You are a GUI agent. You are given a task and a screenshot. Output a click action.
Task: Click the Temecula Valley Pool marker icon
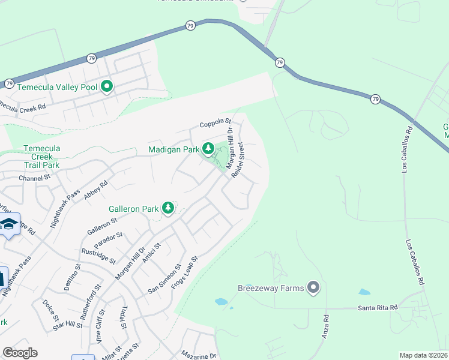click(x=107, y=87)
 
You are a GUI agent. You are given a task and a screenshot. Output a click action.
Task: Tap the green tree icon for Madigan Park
click(x=208, y=148)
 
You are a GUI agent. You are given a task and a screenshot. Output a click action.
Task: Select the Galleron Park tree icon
click(x=168, y=208)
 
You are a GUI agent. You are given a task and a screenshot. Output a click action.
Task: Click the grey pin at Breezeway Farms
click(x=312, y=288)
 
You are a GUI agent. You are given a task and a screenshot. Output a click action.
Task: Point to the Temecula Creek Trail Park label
click(x=41, y=156)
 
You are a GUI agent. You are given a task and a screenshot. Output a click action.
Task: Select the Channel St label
click(x=34, y=178)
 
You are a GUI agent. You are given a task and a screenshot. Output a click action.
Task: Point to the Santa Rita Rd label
click(x=378, y=308)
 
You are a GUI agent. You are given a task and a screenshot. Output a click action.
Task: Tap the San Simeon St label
click(x=164, y=279)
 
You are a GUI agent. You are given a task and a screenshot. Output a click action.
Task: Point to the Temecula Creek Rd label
click(x=23, y=106)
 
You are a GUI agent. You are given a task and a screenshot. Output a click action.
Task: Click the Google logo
click(x=19, y=353)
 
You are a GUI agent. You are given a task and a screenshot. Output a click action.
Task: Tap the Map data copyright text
click(x=424, y=355)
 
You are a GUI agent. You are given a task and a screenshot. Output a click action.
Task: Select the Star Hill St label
click(x=67, y=325)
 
